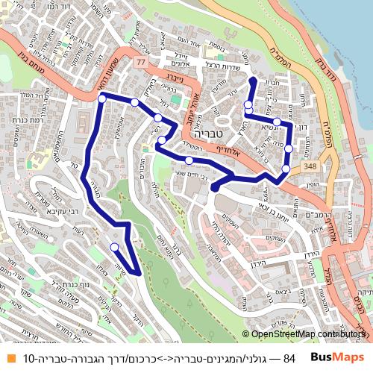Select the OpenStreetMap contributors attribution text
[306, 334]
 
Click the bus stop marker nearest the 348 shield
[286, 170]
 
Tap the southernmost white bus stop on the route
[114, 247]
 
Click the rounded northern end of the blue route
[252, 81]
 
